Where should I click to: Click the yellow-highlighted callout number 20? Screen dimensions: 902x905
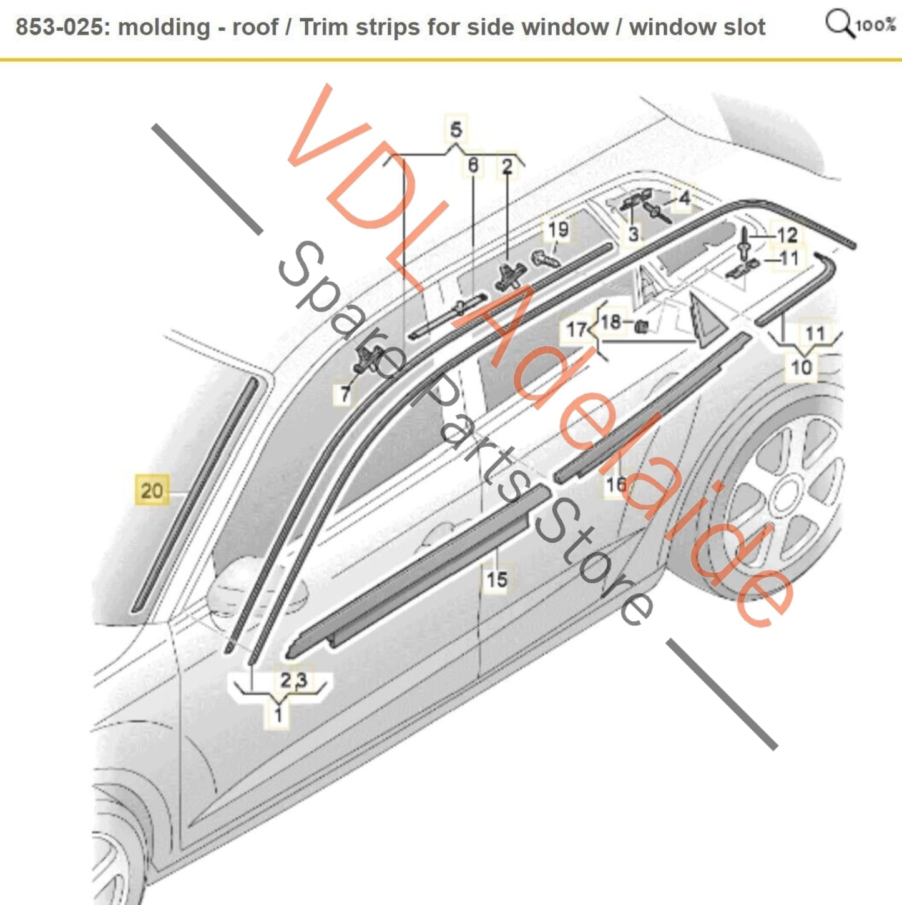click(152, 490)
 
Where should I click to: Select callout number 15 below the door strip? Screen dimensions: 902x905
click(497, 579)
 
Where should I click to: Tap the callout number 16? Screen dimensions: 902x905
click(616, 484)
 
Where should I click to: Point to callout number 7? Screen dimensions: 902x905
click(345, 393)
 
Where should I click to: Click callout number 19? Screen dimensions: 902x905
click(558, 230)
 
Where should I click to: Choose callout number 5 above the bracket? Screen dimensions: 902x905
click(456, 129)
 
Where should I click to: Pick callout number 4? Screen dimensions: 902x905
click(685, 198)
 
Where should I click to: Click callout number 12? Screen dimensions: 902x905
click(787, 235)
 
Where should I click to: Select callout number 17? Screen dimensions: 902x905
click(577, 329)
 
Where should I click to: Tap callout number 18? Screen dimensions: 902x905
click(611, 322)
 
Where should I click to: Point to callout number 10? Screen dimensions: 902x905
click(802, 367)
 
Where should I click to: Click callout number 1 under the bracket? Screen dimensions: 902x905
click(278, 715)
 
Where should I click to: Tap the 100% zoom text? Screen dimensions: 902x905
click(876, 25)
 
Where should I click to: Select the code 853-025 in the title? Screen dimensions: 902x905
click(59, 27)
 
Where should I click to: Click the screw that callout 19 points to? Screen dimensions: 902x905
click(546, 258)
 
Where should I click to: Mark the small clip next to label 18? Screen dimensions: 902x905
click(642, 326)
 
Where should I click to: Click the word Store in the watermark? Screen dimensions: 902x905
click(592, 569)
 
